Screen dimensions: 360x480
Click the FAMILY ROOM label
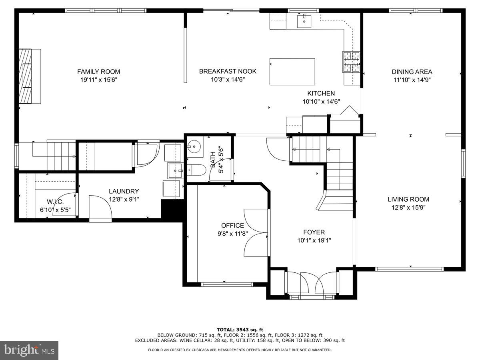point(98,72)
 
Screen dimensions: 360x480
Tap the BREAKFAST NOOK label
point(228,72)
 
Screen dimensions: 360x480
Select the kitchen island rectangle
point(292,72)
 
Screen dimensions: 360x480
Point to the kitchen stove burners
point(351,62)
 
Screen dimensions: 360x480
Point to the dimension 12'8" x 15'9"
point(408,208)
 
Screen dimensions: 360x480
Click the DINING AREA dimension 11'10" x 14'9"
point(412,80)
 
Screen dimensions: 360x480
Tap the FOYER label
point(314,232)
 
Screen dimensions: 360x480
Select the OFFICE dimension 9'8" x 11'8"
point(232,234)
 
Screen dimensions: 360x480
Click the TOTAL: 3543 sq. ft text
point(240,330)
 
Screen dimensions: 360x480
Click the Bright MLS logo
point(29,350)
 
